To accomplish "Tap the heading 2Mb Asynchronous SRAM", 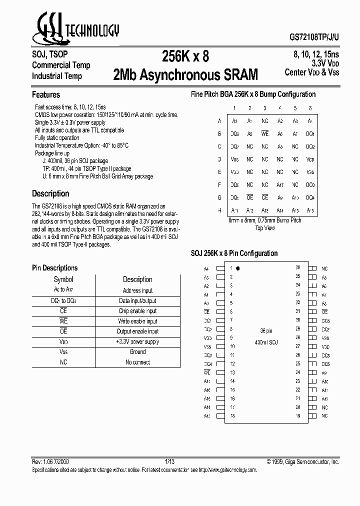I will (185, 75).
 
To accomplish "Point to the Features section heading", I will (46, 94).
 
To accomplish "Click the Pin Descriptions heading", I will (55, 268).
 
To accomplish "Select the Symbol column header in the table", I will (63, 279).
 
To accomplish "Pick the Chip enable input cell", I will (137, 311).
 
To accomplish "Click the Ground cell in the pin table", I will (137, 352).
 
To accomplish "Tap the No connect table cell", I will (137, 362).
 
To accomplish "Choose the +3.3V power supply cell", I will (137, 342).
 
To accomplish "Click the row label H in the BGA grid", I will (219, 210).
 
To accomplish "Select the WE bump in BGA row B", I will (265, 134).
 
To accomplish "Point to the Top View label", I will (265, 227).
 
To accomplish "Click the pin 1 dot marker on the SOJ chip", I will (238, 268).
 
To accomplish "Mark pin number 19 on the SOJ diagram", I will (297, 416).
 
